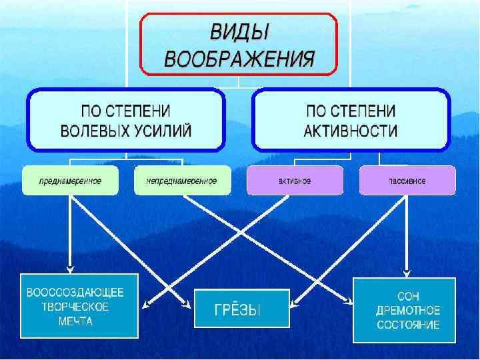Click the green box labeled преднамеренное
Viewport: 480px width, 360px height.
click(70, 181)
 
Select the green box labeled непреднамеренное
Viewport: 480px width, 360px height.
click(183, 181)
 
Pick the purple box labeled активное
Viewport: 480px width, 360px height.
click(295, 181)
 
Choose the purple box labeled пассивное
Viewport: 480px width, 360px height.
click(407, 181)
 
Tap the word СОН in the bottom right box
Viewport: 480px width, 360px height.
click(407, 296)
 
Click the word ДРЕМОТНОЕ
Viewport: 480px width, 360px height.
click(407, 311)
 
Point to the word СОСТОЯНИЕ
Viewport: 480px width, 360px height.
click(407, 325)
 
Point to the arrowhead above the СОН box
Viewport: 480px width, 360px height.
click(407, 272)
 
